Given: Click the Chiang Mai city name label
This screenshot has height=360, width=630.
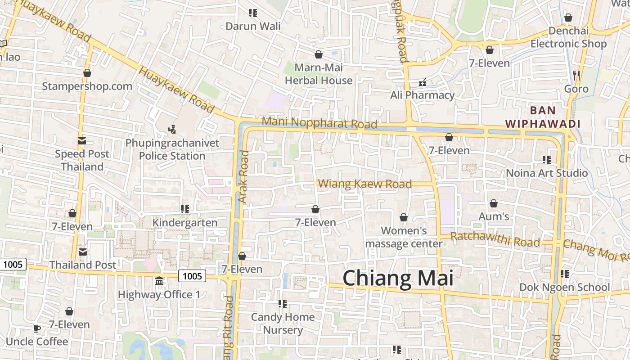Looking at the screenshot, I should point(398,278).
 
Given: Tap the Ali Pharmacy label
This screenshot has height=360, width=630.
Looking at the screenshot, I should point(422,95).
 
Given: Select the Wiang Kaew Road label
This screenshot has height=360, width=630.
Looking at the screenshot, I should point(365,184).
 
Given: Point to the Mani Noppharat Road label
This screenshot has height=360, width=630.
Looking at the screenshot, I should point(319,122).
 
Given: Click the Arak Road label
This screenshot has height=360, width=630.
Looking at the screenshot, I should point(243,177).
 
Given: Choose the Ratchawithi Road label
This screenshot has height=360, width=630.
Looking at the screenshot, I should point(495,239).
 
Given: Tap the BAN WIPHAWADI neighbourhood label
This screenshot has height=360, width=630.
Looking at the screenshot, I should point(543,117).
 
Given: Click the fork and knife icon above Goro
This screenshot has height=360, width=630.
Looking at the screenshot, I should point(576,75).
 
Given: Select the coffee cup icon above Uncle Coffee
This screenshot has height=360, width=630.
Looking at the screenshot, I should point(37,328).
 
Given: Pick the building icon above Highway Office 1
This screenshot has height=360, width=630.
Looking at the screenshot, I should point(159,281).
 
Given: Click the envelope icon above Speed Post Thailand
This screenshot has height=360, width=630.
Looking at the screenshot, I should point(82,141).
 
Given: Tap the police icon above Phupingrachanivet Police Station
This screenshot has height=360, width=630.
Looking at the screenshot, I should point(171,130).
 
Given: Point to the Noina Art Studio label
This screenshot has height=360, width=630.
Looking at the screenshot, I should point(547,173).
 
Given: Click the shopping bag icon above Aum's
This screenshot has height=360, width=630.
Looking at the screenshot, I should point(494,203).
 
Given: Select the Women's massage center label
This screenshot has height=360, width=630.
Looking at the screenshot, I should point(404,237).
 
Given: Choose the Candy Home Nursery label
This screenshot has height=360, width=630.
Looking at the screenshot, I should point(283,323).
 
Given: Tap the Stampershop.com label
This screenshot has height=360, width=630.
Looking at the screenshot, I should point(87,86).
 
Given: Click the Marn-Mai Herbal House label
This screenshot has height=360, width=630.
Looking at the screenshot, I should point(319,74).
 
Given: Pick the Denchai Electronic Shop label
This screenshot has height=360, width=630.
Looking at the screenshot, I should point(568,37).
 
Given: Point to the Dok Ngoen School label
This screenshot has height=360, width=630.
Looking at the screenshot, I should point(565,287).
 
